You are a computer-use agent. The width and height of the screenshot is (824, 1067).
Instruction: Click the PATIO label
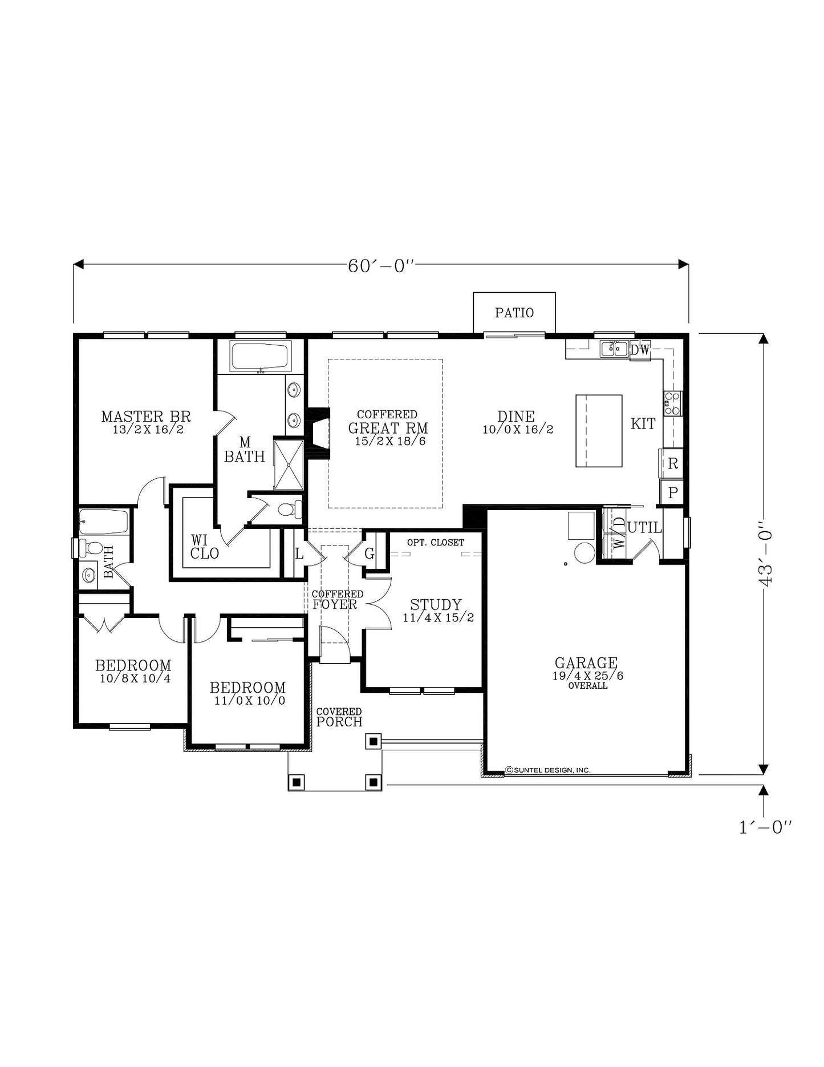(514, 313)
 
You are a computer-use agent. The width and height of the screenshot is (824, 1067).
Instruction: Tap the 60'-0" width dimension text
(381, 266)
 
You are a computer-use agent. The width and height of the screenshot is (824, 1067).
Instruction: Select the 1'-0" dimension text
(765, 827)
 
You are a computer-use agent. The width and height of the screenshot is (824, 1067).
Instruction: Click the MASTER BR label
(146, 417)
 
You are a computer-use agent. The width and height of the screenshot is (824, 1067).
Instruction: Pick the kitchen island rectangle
(599, 431)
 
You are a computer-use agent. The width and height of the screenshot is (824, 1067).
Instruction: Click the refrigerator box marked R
(672, 463)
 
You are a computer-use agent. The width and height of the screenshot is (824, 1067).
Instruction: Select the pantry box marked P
(672, 492)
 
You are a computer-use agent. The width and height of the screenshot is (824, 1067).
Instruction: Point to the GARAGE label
(586, 662)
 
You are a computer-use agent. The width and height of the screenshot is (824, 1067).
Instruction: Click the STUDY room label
(436, 604)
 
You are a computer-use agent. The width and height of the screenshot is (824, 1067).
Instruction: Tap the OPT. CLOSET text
(436, 543)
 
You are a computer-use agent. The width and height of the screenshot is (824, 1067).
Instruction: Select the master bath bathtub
(261, 357)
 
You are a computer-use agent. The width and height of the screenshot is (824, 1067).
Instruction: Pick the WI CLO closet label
(204, 547)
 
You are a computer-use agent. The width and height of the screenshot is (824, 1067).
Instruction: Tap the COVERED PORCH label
(339, 717)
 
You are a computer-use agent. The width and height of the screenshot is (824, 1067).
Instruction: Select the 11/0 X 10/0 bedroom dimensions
(250, 701)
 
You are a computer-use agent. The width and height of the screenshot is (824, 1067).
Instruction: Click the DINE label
(516, 417)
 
